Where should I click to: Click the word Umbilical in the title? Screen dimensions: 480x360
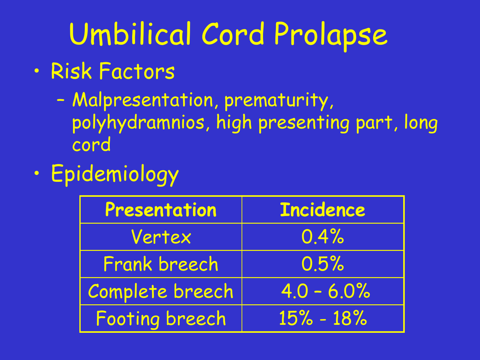coord(131,34)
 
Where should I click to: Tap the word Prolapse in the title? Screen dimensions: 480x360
coord(330,36)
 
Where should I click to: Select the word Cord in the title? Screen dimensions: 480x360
coord(232,34)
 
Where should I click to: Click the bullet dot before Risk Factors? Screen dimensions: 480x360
coord(37,71)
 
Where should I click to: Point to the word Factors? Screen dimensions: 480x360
coord(137,71)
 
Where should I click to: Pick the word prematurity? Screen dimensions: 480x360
coord(279,101)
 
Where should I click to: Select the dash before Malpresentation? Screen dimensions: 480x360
coord(60,100)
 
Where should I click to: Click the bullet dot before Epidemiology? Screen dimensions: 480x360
coord(37,173)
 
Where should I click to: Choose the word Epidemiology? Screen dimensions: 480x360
coord(115,174)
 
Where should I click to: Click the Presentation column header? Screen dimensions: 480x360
coord(161,210)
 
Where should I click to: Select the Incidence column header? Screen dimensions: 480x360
coord(322,210)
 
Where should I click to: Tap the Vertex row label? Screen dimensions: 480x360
coord(161,237)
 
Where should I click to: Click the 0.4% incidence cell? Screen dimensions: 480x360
coord(322,237)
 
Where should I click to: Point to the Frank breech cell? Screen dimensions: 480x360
coord(161,264)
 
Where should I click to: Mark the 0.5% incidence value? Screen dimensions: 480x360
coord(322,264)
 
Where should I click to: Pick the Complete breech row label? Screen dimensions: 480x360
coord(161,291)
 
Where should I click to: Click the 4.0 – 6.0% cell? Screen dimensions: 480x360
coord(326,291)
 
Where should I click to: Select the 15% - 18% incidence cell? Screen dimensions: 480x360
coord(323,318)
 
